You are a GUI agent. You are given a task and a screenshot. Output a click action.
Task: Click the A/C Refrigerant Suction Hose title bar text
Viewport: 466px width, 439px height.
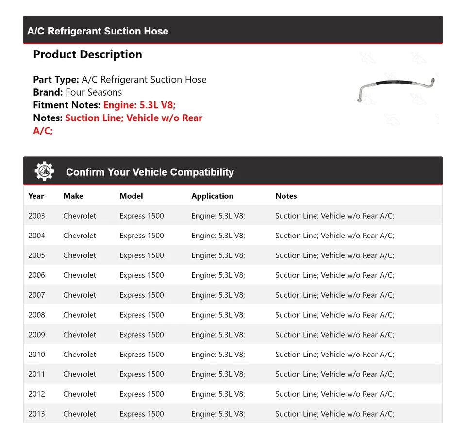click(98, 31)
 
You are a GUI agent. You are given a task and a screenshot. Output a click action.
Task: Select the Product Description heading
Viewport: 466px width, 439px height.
click(87, 54)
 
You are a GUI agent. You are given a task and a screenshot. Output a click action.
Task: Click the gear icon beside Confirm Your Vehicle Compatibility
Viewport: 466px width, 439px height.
click(44, 171)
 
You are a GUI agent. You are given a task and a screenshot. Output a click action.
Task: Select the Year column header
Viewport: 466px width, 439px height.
click(36, 196)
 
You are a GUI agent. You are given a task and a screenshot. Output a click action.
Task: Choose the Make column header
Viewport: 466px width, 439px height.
click(73, 196)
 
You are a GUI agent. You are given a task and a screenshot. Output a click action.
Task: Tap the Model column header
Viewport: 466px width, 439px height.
click(131, 196)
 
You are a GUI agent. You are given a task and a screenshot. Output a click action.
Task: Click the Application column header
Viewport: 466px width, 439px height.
click(212, 196)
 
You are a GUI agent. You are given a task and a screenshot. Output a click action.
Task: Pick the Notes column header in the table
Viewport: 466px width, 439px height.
click(286, 196)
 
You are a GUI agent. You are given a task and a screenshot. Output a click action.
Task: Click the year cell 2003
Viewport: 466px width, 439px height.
click(36, 216)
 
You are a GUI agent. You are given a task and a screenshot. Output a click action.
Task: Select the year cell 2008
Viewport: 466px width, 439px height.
click(36, 315)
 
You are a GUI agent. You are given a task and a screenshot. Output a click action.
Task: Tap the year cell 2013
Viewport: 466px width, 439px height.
click(36, 414)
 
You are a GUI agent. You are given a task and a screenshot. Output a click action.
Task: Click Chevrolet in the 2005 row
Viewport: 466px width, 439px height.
click(80, 255)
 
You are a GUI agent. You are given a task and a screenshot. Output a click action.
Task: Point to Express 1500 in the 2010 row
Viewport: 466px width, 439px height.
click(142, 355)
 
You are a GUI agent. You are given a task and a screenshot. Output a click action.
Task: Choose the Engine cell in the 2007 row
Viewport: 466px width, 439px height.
click(218, 295)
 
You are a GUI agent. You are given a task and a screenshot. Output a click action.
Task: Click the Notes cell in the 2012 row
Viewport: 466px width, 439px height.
click(334, 394)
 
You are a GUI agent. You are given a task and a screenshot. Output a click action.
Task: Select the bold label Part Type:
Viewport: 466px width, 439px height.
click(56, 80)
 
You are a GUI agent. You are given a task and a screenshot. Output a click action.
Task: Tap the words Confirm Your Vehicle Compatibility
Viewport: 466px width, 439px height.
click(150, 172)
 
